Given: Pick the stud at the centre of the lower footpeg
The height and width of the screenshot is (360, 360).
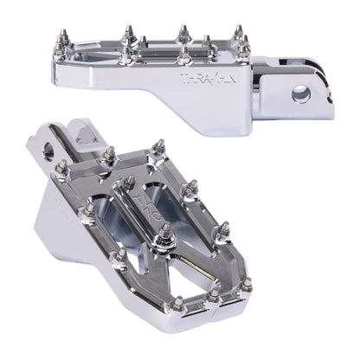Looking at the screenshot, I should point(165,232).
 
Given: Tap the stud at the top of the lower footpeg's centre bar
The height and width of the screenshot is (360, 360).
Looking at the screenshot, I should point(129,182).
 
